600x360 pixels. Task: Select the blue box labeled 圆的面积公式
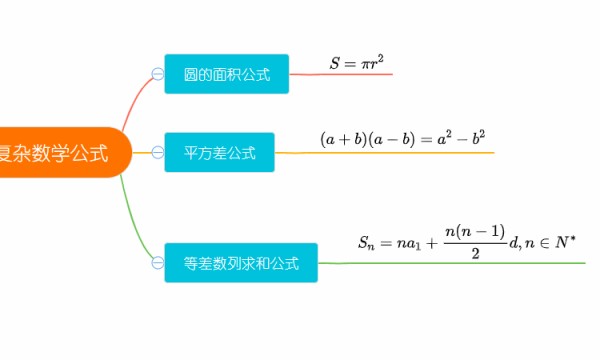point(226,74)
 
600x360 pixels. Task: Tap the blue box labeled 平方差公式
point(219,153)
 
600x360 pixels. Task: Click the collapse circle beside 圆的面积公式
point(157,74)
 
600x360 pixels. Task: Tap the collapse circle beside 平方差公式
point(157,153)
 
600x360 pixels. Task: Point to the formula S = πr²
point(357,64)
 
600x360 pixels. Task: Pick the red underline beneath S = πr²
point(340,75)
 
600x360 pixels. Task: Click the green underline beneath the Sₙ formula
point(450,263)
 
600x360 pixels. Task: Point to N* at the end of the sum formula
point(567,241)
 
